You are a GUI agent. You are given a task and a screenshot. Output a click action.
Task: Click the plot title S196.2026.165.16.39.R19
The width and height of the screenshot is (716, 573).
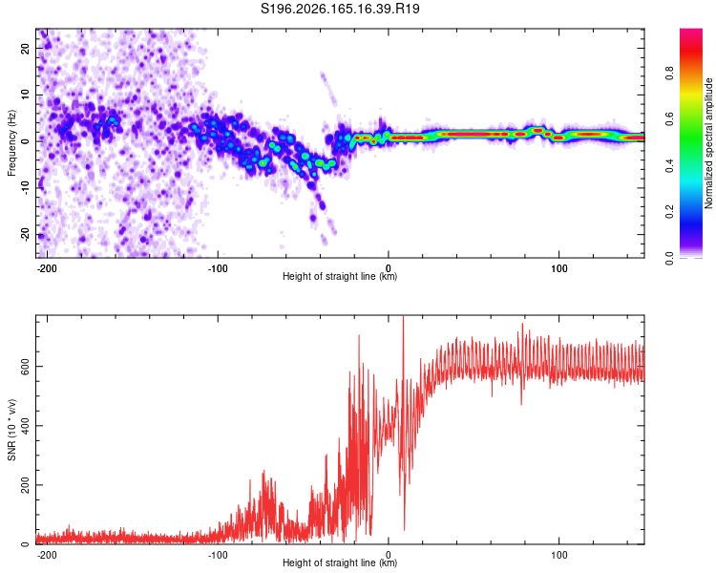pyautogui.click(x=340, y=9)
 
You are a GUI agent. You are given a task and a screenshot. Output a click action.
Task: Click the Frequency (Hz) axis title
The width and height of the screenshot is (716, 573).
pyautogui.click(x=11, y=143)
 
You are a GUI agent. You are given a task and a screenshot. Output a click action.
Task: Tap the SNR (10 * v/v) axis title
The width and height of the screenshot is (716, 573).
pyautogui.click(x=11, y=430)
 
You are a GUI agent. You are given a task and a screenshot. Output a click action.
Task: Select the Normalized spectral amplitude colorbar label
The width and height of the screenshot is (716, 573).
pyautogui.click(x=708, y=143)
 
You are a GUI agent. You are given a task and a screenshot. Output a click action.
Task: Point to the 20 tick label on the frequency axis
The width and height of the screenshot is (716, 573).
pyautogui.click(x=25, y=48)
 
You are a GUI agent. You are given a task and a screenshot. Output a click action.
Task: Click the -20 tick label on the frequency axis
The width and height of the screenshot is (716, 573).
pyautogui.click(x=25, y=235)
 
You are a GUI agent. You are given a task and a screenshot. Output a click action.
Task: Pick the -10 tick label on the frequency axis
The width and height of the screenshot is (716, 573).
pyautogui.click(x=25, y=188)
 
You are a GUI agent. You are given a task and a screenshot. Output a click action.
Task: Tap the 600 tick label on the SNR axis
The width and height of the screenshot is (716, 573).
pyautogui.click(x=25, y=367)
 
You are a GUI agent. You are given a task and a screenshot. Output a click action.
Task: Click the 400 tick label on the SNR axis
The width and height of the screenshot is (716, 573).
pyautogui.click(x=25, y=425)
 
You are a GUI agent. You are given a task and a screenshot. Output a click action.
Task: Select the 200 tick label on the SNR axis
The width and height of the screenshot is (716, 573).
pyautogui.click(x=25, y=485)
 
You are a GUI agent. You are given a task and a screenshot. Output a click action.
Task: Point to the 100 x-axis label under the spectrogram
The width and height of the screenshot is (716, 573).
pyautogui.click(x=558, y=268)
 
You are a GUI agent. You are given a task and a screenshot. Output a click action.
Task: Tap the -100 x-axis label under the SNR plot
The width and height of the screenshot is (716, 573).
pyautogui.click(x=218, y=555)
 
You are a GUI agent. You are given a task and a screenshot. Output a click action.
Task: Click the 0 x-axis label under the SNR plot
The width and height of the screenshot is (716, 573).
pyautogui.click(x=389, y=555)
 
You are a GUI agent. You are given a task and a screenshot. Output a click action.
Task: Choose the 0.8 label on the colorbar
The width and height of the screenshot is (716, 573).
pyautogui.click(x=669, y=73)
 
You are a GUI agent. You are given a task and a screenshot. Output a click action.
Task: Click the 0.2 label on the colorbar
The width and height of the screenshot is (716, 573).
pyautogui.click(x=669, y=212)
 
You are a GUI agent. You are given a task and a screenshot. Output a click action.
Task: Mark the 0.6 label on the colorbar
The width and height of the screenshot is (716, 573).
pyautogui.click(x=669, y=118)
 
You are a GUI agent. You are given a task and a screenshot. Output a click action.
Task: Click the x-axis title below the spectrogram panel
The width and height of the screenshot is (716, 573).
pyautogui.click(x=340, y=276)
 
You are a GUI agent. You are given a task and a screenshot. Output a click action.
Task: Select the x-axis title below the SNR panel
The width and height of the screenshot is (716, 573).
pyautogui.click(x=340, y=562)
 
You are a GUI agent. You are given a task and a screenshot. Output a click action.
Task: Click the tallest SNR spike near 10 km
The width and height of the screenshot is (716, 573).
pyautogui.click(x=403, y=316)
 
